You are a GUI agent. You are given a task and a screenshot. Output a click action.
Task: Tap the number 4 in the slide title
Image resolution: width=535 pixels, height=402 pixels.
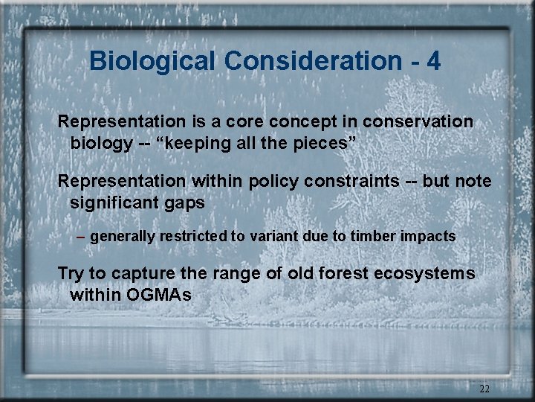pos(433,61)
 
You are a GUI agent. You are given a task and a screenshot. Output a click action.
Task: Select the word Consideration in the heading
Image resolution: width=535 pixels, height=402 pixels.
pos(307,61)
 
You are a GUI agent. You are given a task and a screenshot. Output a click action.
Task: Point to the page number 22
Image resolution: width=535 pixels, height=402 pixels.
pos(484,389)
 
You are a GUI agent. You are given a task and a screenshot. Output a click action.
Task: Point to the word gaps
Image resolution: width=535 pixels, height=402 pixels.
pos(189,202)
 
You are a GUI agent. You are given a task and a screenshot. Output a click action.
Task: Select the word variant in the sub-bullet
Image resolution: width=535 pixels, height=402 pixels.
pos(274,237)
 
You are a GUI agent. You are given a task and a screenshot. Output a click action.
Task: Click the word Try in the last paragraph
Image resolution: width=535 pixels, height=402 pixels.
pos(71,274)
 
